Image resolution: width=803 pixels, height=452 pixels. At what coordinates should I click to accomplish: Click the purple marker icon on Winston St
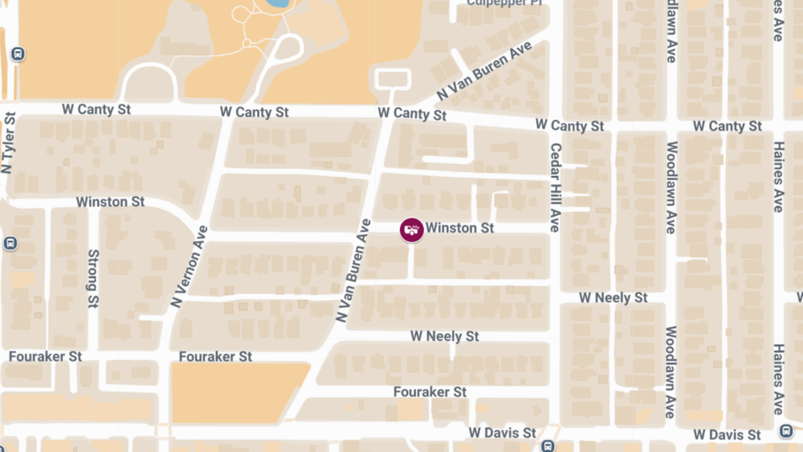[x=412, y=230]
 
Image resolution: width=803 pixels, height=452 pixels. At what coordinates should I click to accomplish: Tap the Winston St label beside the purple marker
[x=460, y=228]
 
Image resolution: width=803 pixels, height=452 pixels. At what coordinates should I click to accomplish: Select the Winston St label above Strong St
[x=110, y=202]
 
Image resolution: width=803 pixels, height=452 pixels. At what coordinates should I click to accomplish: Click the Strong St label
[x=93, y=279]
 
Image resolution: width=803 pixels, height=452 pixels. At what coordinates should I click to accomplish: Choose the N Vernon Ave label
[x=190, y=267]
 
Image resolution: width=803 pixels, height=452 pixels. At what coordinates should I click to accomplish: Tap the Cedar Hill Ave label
[x=555, y=187]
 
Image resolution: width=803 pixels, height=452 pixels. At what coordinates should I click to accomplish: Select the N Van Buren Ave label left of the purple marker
[x=354, y=271]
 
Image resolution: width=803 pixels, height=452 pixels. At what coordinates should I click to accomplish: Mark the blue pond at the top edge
[x=275, y=3]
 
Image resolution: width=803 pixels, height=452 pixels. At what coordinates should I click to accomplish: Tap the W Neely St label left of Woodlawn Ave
[x=614, y=297]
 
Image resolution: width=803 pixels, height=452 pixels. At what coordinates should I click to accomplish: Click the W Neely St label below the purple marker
[x=445, y=335]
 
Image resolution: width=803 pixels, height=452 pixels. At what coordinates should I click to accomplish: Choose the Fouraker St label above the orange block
[x=215, y=357]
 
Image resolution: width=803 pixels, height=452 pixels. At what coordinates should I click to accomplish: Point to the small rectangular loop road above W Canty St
[x=393, y=79]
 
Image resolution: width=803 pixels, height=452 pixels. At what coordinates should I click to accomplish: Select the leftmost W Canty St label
[x=96, y=109]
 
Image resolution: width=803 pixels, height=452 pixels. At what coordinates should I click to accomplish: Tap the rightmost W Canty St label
[x=727, y=126]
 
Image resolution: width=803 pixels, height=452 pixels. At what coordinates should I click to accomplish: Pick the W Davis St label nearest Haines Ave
[x=727, y=435]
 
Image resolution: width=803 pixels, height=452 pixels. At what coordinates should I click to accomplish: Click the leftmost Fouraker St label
[x=46, y=357]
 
